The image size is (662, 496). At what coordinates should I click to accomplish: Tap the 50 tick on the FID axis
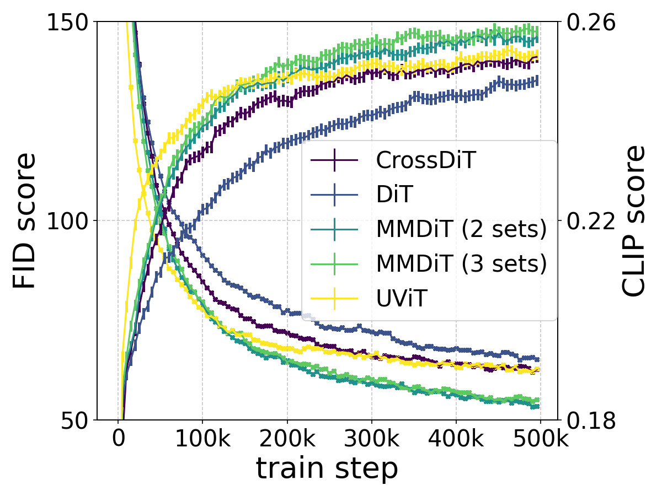(x=74, y=420)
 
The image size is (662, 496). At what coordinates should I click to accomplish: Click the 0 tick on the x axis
(x=118, y=441)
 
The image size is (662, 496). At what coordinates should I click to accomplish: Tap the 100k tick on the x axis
(x=202, y=441)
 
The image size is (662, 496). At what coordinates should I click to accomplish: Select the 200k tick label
(x=287, y=441)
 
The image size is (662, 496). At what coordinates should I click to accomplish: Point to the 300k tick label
(x=371, y=441)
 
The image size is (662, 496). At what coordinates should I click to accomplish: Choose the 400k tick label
(x=456, y=441)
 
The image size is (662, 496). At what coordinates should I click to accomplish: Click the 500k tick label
(x=540, y=441)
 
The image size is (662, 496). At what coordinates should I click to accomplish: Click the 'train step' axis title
(x=327, y=470)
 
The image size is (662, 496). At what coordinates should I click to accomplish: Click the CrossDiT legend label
(x=426, y=160)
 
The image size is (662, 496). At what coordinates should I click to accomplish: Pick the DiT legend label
(x=394, y=195)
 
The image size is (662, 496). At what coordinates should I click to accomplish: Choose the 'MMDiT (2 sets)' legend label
(x=461, y=229)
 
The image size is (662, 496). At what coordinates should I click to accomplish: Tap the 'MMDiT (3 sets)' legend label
(x=461, y=264)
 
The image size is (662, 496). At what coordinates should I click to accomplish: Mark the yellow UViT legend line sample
(x=335, y=299)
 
